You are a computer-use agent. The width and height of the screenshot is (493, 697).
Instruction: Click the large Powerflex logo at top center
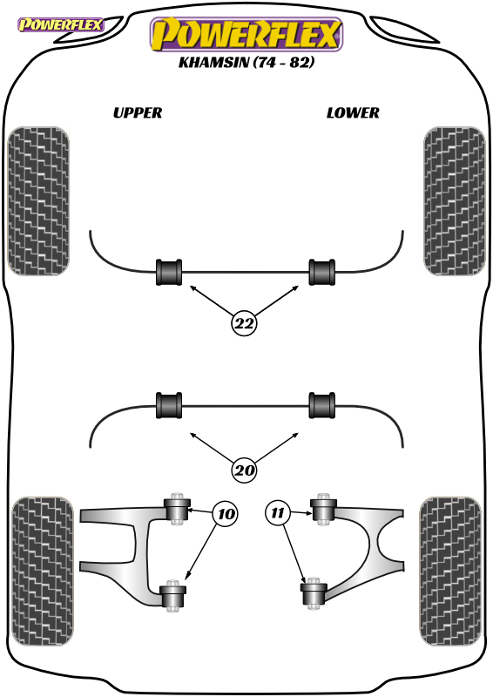(246, 35)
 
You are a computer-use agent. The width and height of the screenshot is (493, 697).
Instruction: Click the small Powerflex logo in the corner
(60, 24)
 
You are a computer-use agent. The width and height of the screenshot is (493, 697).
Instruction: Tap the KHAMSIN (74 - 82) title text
(246, 62)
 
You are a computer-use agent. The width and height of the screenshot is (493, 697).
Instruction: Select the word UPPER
(138, 113)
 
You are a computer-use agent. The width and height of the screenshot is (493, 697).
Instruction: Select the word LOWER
(353, 113)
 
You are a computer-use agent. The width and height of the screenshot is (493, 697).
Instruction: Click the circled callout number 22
(244, 323)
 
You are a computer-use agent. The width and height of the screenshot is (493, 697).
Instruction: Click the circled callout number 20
(244, 470)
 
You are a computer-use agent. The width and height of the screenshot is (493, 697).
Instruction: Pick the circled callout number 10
(226, 514)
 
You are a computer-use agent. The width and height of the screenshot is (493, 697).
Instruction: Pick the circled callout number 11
(277, 513)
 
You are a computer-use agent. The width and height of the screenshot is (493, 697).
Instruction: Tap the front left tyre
(38, 201)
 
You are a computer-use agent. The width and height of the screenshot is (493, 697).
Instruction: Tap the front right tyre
(455, 201)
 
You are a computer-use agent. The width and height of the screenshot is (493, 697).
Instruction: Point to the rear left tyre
(43, 572)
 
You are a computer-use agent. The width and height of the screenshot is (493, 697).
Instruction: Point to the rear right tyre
(450, 572)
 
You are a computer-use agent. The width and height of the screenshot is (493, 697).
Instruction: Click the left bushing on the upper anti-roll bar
(169, 272)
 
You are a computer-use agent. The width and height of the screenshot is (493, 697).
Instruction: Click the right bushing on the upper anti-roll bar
(322, 272)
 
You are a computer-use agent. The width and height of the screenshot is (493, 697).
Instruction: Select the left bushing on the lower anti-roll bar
(169, 405)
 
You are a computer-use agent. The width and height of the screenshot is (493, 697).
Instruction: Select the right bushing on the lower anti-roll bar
(322, 405)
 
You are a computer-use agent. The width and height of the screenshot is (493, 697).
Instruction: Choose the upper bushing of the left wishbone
(178, 510)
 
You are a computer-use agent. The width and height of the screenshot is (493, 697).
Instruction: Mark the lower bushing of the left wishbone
(172, 596)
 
